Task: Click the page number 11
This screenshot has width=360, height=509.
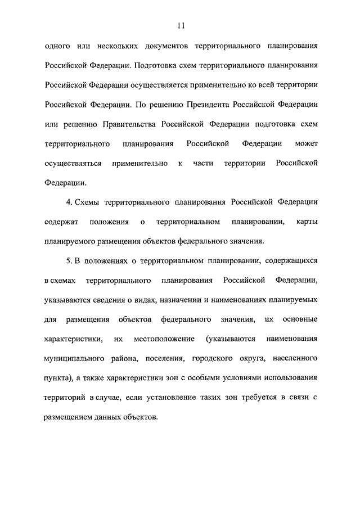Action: (x=180, y=25)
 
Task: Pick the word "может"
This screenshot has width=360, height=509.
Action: (x=306, y=144)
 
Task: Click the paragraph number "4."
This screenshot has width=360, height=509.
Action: (x=69, y=202)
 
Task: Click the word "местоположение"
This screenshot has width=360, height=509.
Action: (x=164, y=339)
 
